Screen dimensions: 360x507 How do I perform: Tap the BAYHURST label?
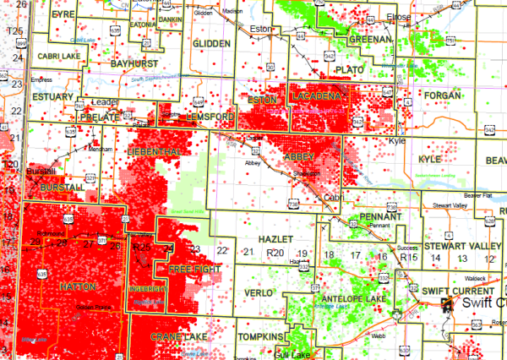[134, 63]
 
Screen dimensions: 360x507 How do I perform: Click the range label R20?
[274, 254]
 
